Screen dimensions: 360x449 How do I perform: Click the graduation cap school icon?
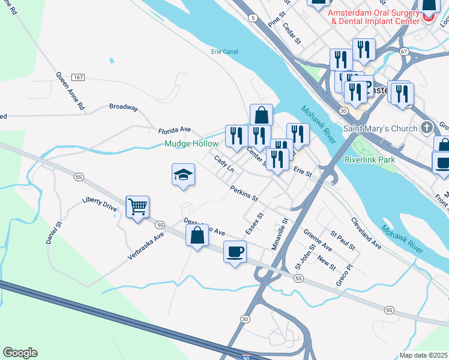(184, 175)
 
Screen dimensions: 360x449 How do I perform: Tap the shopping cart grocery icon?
(138, 208)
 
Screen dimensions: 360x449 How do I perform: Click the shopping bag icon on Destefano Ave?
(197, 236)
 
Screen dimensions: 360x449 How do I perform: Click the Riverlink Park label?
(370, 160)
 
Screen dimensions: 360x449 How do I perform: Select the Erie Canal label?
(224, 52)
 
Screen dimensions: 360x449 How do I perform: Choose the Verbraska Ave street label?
(145, 247)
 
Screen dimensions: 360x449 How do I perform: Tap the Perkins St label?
(244, 193)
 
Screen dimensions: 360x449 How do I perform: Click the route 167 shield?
(77, 78)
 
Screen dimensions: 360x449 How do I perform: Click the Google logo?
(20, 353)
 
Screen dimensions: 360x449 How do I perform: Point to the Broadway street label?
(124, 107)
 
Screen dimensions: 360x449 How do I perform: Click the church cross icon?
(427, 127)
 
